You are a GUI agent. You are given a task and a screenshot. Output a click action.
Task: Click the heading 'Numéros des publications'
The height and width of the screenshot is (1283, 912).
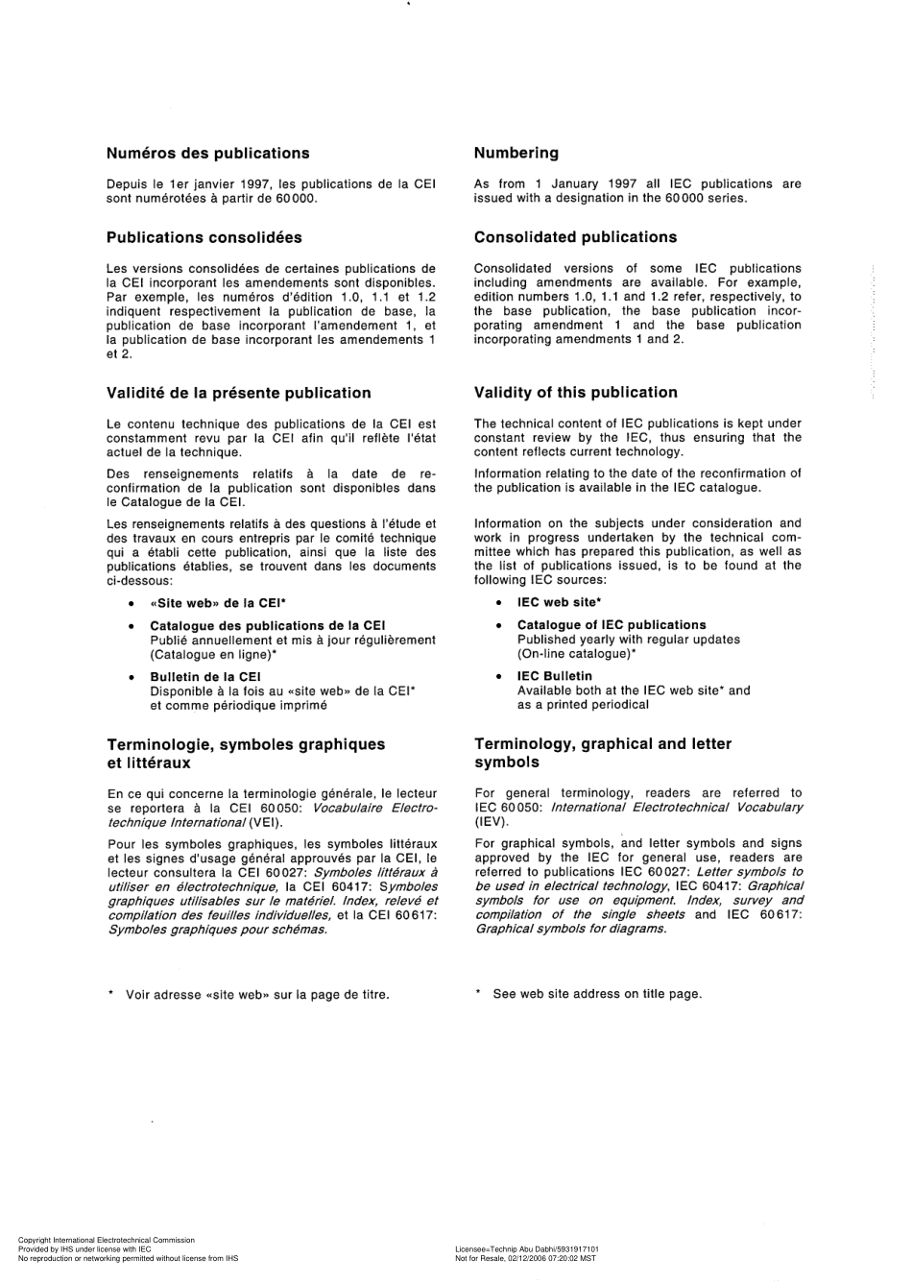tap(207, 153)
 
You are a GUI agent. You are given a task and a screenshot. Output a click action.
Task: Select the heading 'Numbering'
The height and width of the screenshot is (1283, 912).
tap(516, 153)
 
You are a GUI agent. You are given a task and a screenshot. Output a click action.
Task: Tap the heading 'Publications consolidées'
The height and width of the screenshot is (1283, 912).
tap(204, 237)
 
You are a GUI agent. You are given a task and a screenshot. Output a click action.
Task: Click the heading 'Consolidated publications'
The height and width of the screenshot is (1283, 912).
tap(575, 237)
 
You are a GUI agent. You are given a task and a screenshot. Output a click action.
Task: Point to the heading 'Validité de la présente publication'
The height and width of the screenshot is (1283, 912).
tap(238, 393)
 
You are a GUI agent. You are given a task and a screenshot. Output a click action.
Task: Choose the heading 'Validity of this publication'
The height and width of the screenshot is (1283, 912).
tap(575, 392)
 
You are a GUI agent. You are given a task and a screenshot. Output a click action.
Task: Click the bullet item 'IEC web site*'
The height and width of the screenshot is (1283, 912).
tap(559, 602)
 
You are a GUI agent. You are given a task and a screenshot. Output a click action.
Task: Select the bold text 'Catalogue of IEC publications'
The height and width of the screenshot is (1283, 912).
tap(611, 624)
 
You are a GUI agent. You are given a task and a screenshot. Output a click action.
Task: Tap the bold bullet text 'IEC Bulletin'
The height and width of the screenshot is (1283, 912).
tap(554, 676)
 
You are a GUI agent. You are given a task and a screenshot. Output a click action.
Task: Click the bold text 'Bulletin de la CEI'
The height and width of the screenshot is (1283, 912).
tap(204, 676)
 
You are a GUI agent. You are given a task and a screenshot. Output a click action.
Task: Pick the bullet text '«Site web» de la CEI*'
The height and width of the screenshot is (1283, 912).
tap(218, 603)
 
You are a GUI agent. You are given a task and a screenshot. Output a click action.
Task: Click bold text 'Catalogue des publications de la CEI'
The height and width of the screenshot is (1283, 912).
tap(267, 625)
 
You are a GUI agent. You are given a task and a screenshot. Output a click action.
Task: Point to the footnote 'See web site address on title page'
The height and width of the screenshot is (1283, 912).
tap(596, 994)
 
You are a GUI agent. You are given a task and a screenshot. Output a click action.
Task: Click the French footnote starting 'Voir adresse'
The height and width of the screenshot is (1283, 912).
tap(256, 994)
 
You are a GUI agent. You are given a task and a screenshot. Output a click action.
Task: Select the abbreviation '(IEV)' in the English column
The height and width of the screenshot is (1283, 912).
tap(491, 822)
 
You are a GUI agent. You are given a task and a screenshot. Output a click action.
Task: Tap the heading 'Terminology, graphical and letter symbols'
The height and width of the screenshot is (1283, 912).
tap(602, 753)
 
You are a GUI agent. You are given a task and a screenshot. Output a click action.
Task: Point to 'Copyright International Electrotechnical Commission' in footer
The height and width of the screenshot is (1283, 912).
tap(106, 1241)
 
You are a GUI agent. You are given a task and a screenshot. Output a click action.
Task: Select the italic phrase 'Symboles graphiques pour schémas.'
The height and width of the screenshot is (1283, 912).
tap(217, 930)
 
